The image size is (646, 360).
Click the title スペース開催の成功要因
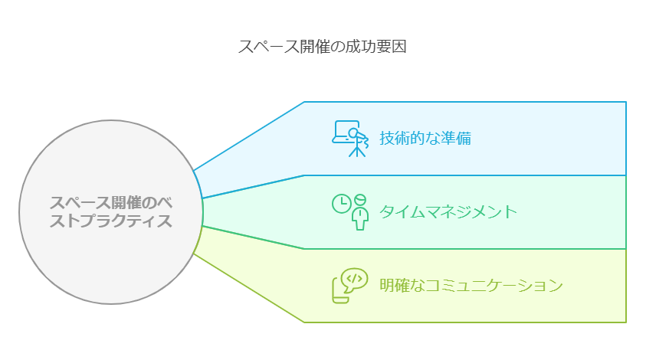point(322,47)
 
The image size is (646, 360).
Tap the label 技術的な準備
point(425,139)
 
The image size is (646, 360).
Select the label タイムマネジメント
point(448,211)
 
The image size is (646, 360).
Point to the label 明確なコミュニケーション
point(471,286)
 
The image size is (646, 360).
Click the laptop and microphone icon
point(349,139)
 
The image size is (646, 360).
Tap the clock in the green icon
point(342,204)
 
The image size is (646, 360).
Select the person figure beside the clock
point(360,212)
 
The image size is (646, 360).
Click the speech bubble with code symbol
point(355,280)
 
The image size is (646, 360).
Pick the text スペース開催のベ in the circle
point(111,203)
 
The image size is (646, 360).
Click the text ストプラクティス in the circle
point(111,221)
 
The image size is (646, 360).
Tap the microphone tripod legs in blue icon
point(357,151)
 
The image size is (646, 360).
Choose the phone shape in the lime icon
point(340,290)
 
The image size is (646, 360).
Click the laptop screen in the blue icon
point(346,131)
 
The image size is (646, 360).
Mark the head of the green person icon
point(360,199)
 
